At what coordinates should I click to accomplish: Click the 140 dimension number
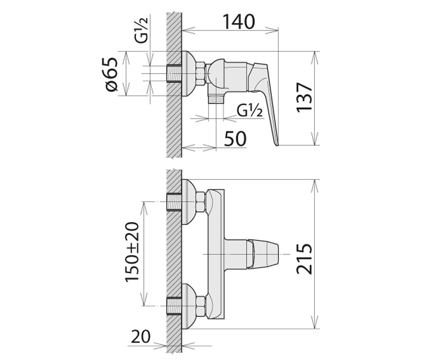tap(239, 22)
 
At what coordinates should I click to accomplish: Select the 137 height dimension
tap(304, 98)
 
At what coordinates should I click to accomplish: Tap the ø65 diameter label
tap(112, 74)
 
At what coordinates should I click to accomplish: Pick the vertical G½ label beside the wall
tap(141, 31)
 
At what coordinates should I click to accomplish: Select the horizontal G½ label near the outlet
tap(250, 111)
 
